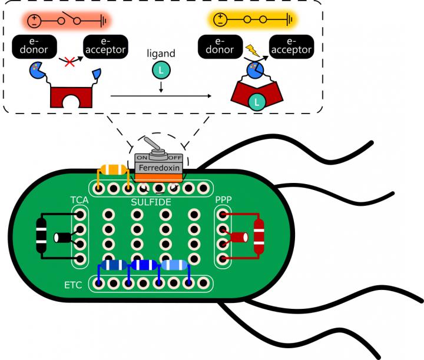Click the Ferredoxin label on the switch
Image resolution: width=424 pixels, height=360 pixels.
tap(158, 168)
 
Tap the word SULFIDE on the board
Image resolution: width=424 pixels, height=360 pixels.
tap(151, 202)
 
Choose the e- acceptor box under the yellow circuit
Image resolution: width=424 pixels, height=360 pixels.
tap(291, 45)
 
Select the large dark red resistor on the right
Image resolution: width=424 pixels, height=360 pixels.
tap(258, 236)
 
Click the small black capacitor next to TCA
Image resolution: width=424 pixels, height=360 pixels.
tap(61, 238)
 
